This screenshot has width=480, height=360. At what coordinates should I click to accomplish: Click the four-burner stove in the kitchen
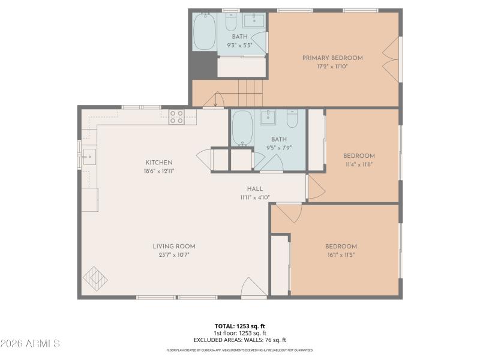[176, 116]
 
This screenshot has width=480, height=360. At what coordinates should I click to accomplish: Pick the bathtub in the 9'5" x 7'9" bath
[242, 128]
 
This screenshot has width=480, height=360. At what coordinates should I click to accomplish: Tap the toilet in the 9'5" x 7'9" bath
[292, 119]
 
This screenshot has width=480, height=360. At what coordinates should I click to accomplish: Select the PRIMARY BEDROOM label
[332, 58]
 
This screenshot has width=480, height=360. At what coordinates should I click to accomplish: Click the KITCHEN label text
[159, 163]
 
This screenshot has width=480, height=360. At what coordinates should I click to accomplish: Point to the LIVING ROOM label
[173, 246]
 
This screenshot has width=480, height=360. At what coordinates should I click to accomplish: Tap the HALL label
[255, 188]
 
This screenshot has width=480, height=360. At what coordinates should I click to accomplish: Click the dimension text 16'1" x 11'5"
[341, 254]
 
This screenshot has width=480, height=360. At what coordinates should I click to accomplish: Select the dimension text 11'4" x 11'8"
[359, 164]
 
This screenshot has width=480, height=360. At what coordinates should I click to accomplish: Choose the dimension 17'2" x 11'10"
[332, 66]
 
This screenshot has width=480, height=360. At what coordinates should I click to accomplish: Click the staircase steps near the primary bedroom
[250, 94]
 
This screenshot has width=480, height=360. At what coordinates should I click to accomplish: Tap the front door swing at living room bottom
[253, 288]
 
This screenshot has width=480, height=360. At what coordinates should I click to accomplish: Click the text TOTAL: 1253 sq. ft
[240, 326]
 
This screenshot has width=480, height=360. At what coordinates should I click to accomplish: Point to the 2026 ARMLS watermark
[30, 344]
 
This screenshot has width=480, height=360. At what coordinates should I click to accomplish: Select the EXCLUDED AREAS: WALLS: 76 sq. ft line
[240, 340]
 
